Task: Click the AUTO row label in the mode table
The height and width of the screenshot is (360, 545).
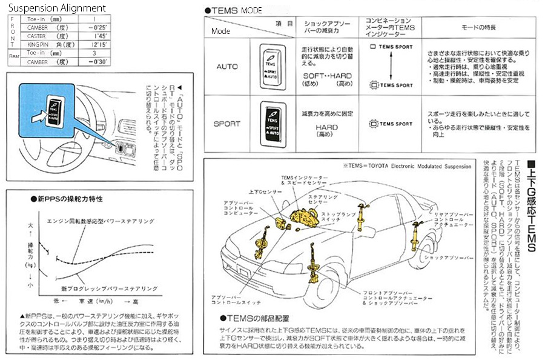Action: (x=227, y=66)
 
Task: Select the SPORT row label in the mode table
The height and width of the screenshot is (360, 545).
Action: (x=227, y=124)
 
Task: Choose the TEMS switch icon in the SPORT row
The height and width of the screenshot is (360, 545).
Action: (x=272, y=123)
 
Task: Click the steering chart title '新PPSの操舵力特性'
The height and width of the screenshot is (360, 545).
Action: (x=70, y=199)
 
